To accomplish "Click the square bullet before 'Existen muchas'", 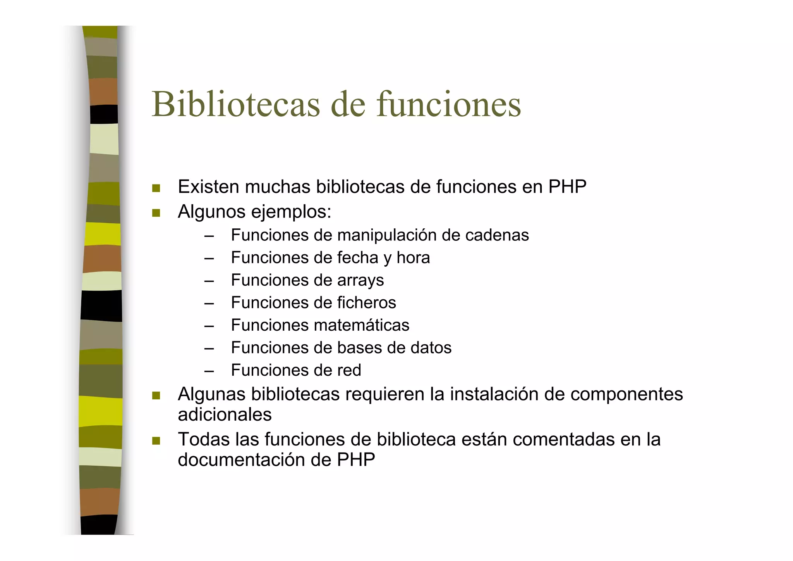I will (x=156, y=188).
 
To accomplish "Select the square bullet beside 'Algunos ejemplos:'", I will (x=156, y=213).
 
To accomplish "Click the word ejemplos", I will (x=291, y=212).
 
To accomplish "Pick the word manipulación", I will (x=387, y=235).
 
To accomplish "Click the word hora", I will (x=413, y=258).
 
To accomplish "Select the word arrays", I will (x=360, y=281).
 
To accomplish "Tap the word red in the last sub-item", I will (x=349, y=370).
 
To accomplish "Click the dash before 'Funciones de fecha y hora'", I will (x=209, y=258).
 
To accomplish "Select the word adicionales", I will (x=225, y=415).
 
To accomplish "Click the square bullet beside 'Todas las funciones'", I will (x=156, y=441).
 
